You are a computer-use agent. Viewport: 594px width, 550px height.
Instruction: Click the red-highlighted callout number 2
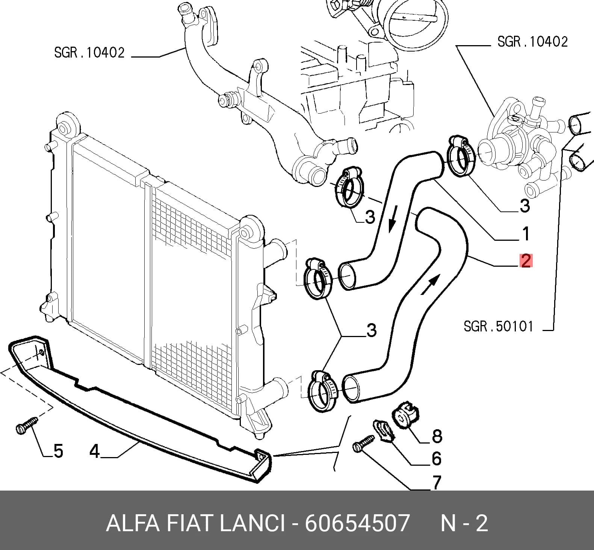[526, 261]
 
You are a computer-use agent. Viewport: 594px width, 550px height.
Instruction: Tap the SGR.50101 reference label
[498, 326]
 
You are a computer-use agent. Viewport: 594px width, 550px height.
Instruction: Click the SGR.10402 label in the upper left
[89, 52]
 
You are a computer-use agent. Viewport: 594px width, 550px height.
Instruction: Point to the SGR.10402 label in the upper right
[532, 41]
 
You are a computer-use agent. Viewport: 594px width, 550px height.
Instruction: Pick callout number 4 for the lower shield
[94, 451]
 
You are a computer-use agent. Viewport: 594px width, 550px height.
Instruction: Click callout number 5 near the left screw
[58, 451]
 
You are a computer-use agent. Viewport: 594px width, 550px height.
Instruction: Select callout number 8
[437, 436]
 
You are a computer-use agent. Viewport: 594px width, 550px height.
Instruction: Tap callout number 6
[437, 459]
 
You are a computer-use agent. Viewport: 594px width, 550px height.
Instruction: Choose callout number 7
[436, 483]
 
